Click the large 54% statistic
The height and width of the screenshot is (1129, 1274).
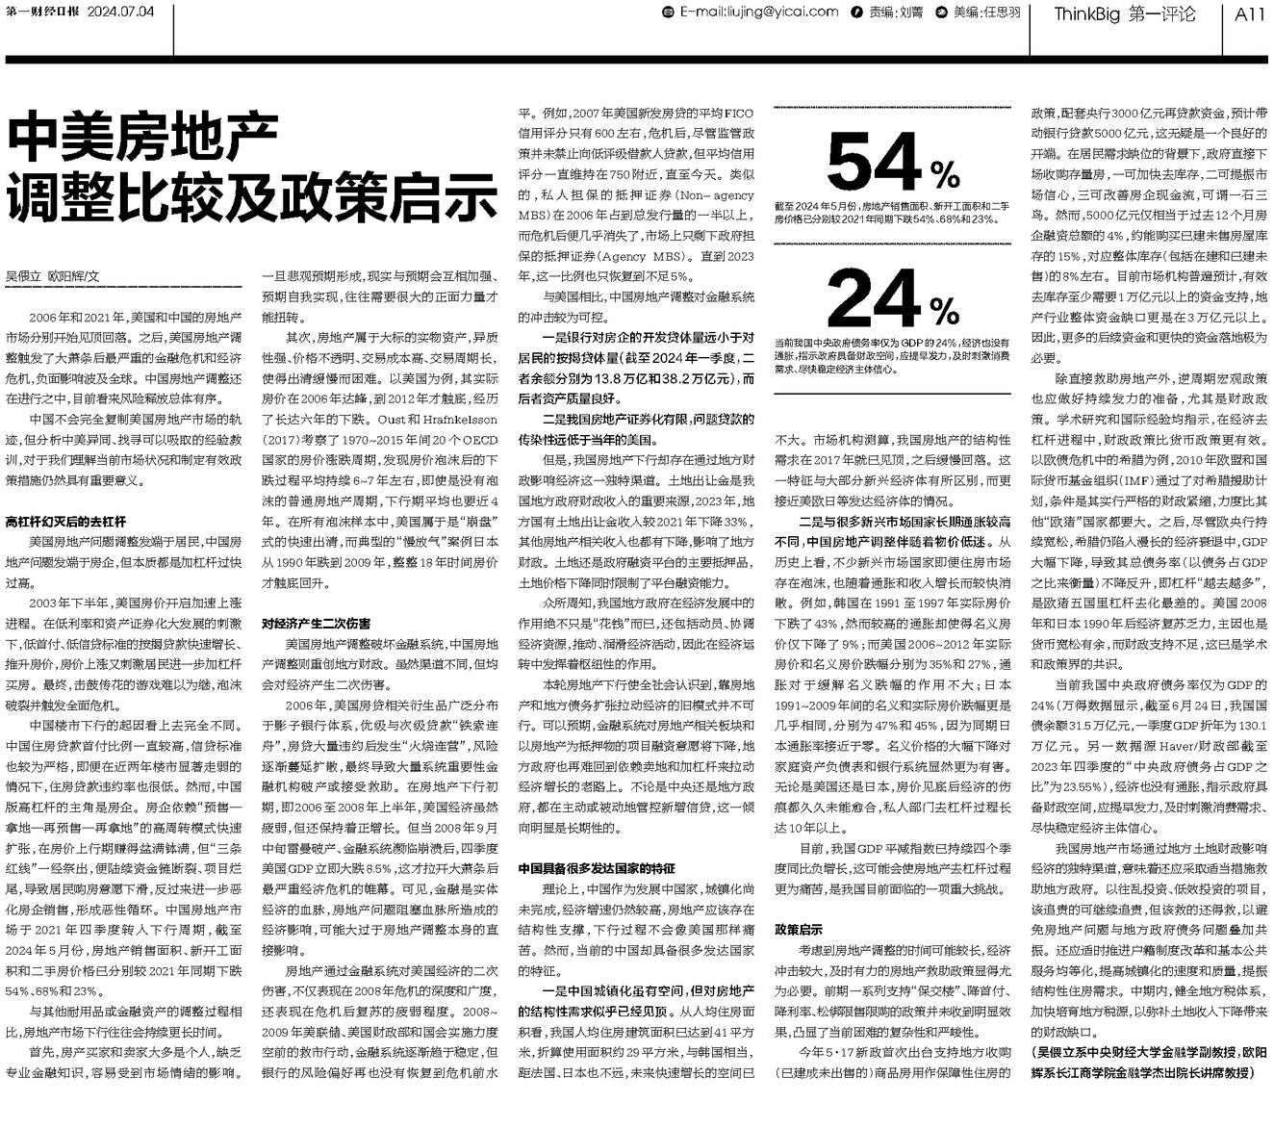[x=892, y=163]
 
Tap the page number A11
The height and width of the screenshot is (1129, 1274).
[x=1248, y=13]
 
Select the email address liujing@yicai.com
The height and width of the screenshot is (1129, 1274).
[x=758, y=13]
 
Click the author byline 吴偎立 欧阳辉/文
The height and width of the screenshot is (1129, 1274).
[x=53, y=276]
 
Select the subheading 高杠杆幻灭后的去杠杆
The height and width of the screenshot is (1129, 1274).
[x=65, y=521]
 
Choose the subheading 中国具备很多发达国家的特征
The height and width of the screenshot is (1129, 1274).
[x=597, y=868]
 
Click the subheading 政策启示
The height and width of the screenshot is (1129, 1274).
[x=799, y=929]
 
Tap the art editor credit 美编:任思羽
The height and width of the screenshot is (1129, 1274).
[x=985, y=13]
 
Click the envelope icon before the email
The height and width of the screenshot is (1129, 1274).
[x=670, y=13]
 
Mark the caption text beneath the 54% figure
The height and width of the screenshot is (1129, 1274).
[x=892, y=213]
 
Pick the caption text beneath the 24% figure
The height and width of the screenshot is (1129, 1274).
[x=892, y=355]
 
